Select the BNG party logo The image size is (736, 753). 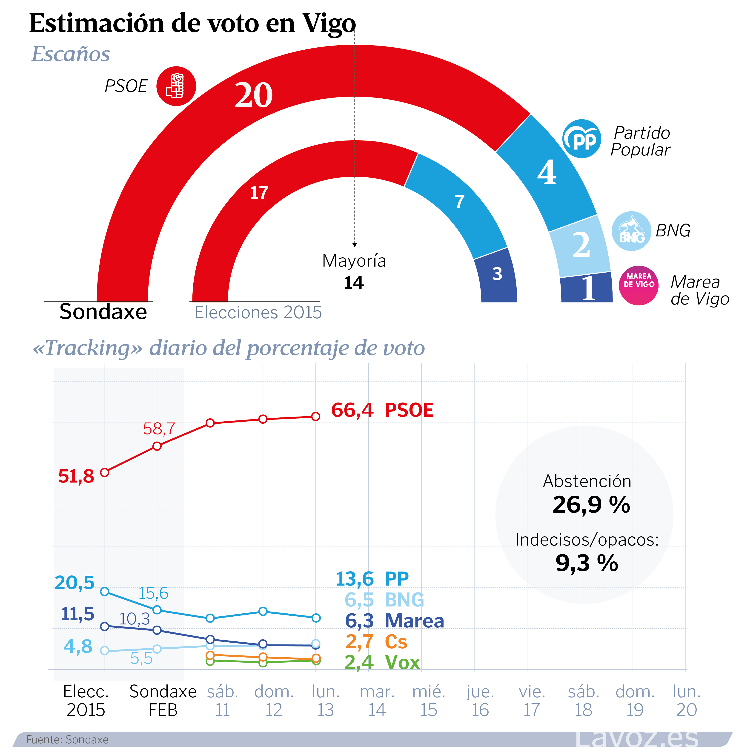(x=631, y=231)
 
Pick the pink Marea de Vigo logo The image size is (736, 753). (x=639, y=285)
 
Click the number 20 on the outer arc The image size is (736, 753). (x=254, y=95)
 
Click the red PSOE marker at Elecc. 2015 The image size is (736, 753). (x=104, y=472)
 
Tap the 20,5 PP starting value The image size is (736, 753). (x=74, y=582)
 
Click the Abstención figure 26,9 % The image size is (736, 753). (x=591, y=505)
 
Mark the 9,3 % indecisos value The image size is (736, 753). (x=587, y=563)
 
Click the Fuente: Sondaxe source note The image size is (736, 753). (x=67, y=739)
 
